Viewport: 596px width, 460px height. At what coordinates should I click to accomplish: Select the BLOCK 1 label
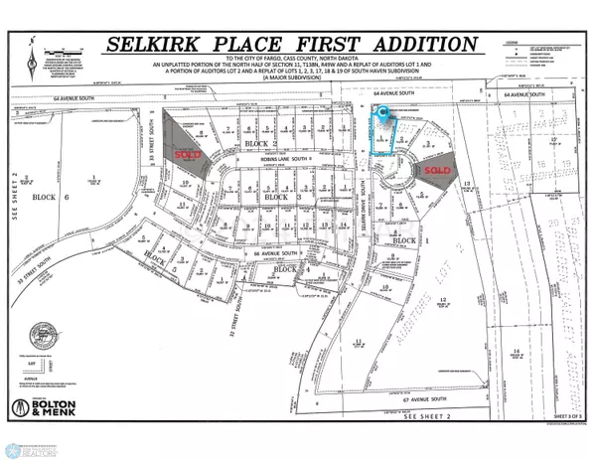[x=403, y=240]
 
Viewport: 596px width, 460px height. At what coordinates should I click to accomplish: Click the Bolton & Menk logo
[x=50, y=408]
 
